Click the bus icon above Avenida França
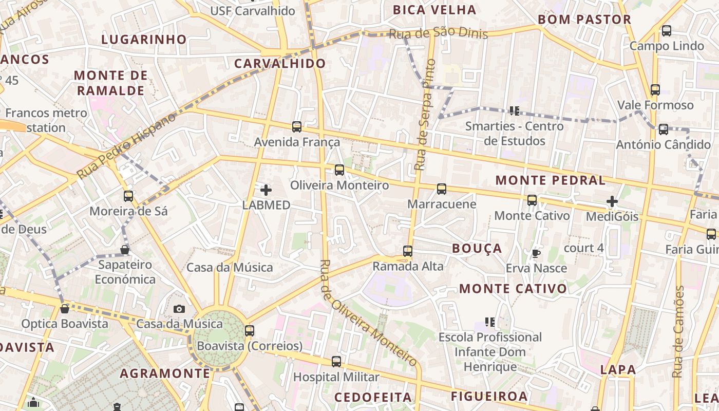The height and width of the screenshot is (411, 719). pos(296,126)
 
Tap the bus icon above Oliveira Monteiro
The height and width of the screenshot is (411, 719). pos(339,170)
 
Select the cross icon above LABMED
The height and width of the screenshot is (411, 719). pos(266,190)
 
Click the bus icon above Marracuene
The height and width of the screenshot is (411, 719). pos(442,189)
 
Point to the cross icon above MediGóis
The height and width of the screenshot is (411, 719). pos(612,201)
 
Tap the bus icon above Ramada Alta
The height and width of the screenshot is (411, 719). pos(408,251)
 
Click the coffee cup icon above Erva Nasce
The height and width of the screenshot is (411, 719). pos(536,253)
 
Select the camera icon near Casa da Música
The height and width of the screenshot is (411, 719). pos(179,309)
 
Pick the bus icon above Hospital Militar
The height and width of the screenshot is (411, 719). pos(336,361)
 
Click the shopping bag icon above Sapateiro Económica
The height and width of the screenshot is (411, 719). pos(125,250)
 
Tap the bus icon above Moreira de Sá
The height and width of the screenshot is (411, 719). pos(128,196)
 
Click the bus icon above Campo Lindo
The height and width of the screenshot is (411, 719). pos(667,30)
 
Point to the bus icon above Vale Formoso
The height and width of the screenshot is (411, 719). pos(655,89)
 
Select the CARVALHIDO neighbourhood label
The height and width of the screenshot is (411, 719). pos(280,63)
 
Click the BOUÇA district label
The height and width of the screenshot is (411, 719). pos(477,248)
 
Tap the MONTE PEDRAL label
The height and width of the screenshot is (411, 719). pos(550,180)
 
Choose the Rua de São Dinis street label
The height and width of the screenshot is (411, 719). pos(438,33)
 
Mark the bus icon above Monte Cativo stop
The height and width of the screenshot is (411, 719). pos(532,200)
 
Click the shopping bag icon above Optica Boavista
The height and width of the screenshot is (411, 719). pos(65,309)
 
